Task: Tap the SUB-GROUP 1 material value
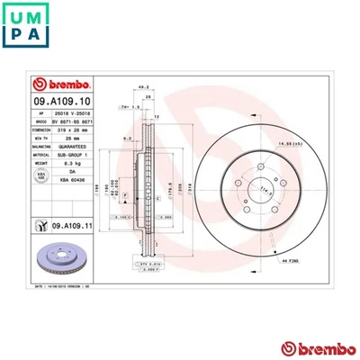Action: (70, 154)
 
